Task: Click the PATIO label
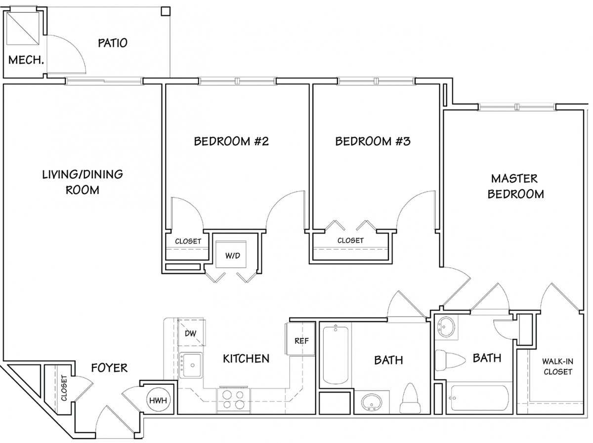(112, 43)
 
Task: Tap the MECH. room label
(26, 60)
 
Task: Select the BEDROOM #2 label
(231, 141)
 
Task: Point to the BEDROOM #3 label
(373, 141)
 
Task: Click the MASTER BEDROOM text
(515, 186)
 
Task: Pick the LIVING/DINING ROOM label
(83, 182)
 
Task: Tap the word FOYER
(109, 367)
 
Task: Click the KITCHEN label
(246, 359)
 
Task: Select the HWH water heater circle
(158, 400)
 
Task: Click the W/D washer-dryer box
(231, 254)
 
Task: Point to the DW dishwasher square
(191, 332)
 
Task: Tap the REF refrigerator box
(300, 339)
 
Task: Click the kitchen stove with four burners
(233, 401)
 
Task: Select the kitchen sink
(191, 364)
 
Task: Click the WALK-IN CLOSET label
(557, 366)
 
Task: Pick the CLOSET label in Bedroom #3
(350, 240)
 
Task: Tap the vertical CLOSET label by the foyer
(64, 388)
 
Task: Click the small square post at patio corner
(166, 11)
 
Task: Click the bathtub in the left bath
(336, 355)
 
